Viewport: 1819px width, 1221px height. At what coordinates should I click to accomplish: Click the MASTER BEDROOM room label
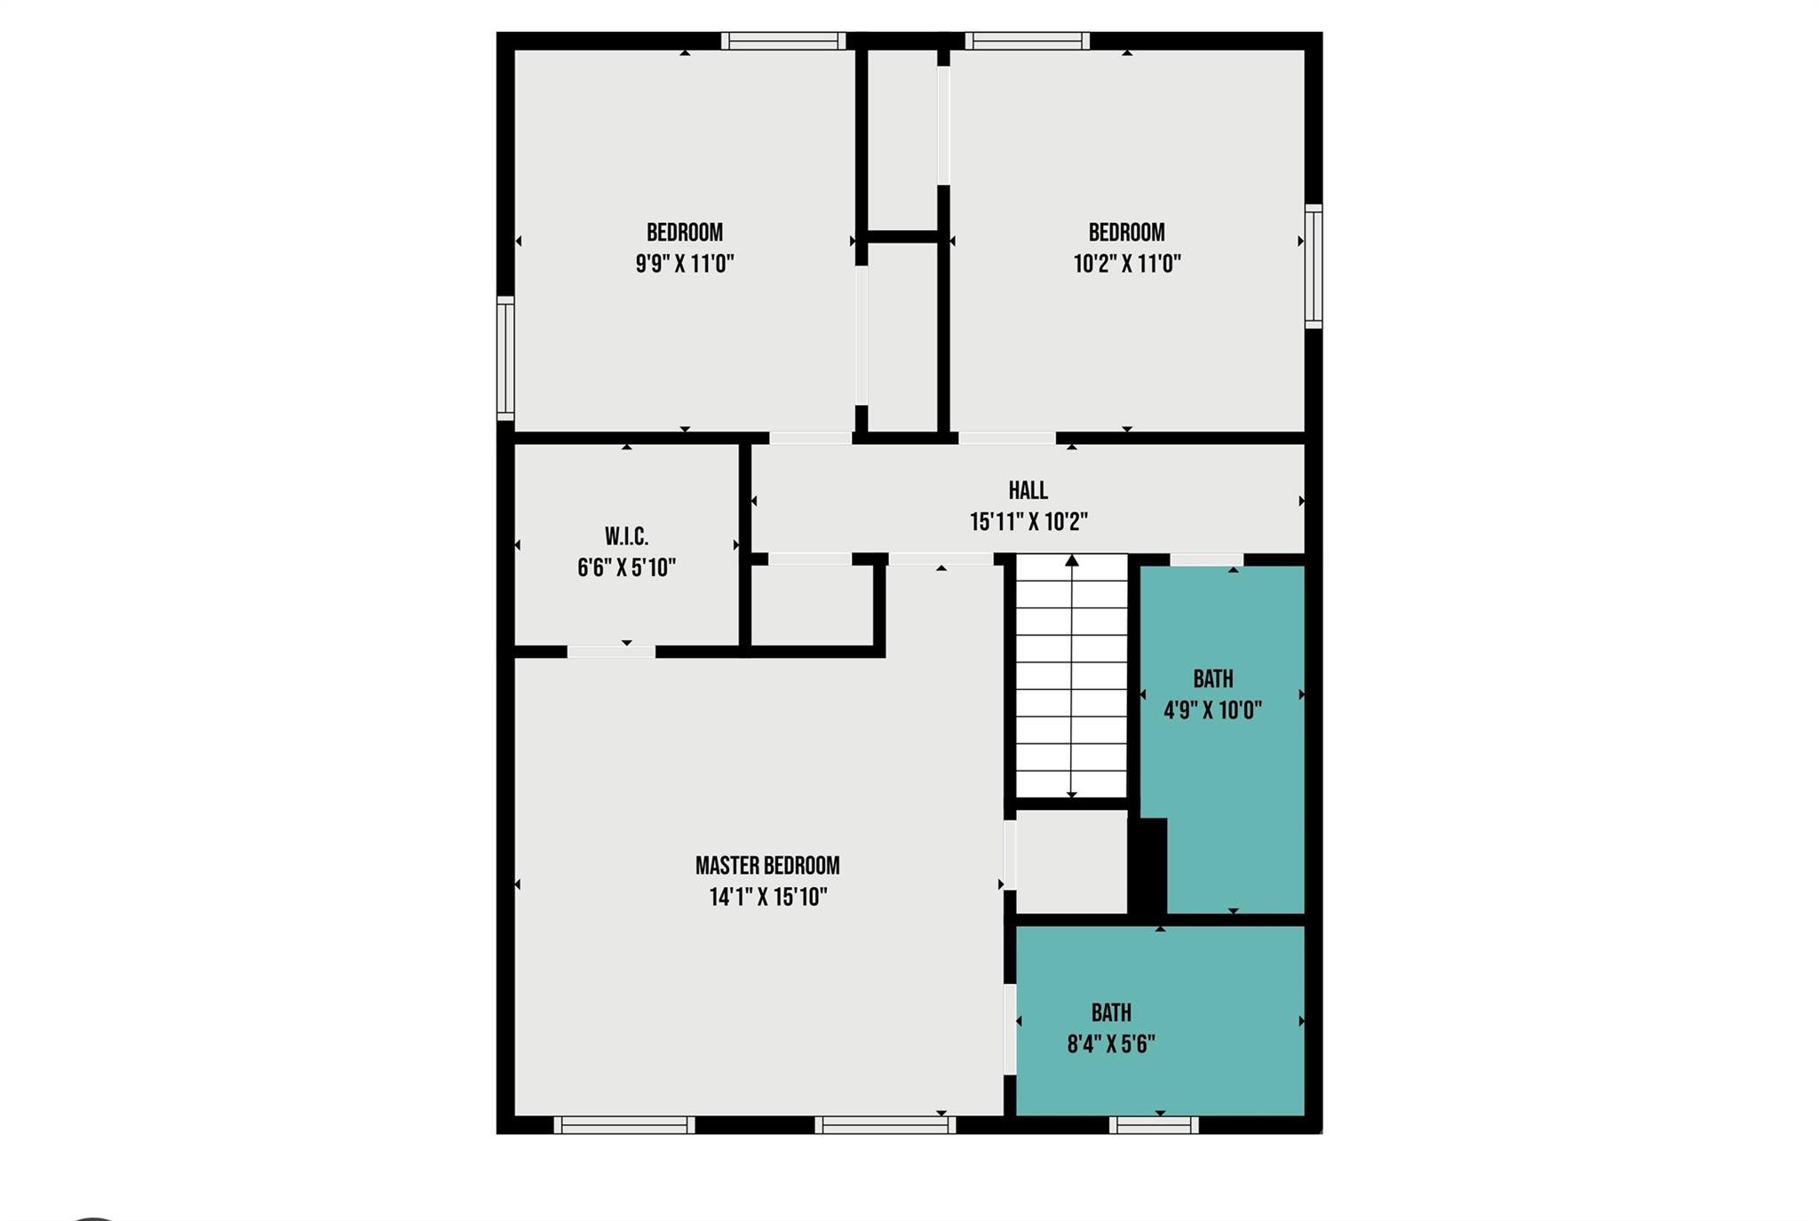pos(767,865)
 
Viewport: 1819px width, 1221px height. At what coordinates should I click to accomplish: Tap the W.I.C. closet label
pos(627,536)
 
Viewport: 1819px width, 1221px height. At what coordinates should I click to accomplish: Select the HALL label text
pos(1029,490)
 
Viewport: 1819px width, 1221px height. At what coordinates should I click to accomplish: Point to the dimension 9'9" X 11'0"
pos(685,264)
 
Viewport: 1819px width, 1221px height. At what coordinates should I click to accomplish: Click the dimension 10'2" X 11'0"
pos(1127,264)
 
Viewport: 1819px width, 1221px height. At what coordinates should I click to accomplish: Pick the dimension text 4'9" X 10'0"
pos(1213,710)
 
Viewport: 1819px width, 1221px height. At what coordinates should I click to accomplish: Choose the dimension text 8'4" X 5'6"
pos(1111,1044)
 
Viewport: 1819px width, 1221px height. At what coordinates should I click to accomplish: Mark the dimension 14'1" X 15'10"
pos(768,897)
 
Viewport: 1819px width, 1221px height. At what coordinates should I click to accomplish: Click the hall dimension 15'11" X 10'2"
pos(1029,522)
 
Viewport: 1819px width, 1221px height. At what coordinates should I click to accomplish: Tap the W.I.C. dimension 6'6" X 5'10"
pos(627,568)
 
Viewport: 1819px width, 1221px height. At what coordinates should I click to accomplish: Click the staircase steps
pos(1072,677)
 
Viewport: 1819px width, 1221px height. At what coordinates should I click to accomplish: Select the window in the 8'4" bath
pos(1154,1125)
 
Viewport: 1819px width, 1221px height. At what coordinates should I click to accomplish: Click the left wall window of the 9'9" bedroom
pos(505,358)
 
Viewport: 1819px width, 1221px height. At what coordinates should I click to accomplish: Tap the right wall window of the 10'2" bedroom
pos(1314,266)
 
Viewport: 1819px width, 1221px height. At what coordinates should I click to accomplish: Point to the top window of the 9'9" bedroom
pos(783,41)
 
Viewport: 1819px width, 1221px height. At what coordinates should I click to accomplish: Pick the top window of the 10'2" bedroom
pos(1028,41)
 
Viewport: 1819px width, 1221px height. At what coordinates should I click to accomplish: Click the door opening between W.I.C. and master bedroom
pos(611,652)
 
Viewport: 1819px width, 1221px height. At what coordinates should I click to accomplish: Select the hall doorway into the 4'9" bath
pos(1206,559)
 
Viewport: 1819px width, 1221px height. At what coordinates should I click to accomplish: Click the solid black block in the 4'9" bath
pos(1148,866)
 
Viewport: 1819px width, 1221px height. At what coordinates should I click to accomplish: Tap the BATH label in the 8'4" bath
pos(1111,1012)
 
